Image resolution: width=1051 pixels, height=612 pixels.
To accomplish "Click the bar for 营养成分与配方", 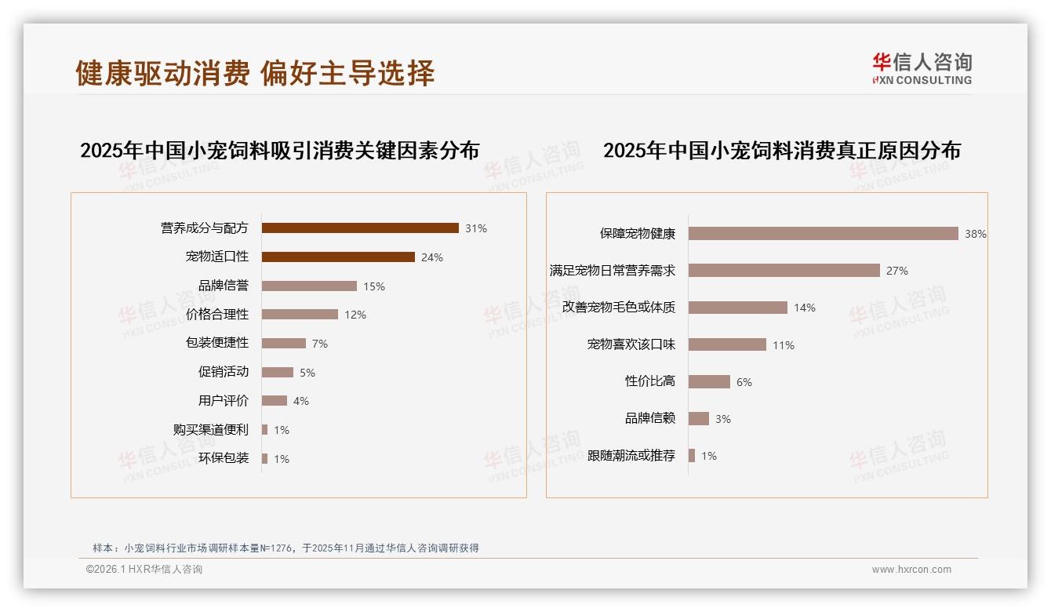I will coord(360,228).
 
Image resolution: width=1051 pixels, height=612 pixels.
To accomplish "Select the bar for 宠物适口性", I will coord(338,257).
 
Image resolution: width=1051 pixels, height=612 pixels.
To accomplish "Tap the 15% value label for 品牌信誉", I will coord(374,286).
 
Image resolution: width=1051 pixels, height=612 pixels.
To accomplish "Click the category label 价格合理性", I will coord(217,315).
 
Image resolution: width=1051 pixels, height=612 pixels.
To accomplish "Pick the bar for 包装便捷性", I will coord(284,344).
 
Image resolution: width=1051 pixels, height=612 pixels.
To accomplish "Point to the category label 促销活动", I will coord(224,372).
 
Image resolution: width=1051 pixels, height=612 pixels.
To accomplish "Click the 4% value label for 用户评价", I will coord(301,401).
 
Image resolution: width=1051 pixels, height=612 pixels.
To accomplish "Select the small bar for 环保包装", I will coord(265,458).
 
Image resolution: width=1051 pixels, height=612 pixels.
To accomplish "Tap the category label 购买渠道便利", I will coord(211,430).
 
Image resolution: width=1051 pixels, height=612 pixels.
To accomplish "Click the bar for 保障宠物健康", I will coord(823,234).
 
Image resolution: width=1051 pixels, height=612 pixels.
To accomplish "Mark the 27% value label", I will coord(897,271).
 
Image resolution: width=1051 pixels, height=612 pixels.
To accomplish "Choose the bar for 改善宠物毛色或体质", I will coord(737,308).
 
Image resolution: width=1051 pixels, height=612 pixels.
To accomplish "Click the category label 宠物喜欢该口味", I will coord(631,344).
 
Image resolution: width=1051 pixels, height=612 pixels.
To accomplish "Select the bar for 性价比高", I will coord(709,382).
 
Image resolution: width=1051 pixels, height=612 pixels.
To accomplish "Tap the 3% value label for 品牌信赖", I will coord(723,419).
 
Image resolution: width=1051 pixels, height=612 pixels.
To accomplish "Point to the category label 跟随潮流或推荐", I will coord(631,456).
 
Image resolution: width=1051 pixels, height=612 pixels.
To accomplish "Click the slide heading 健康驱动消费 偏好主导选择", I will coord(255,73).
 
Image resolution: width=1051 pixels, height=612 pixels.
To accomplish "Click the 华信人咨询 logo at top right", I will coord(922,68).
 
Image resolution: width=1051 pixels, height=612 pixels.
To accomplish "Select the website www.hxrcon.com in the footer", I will coord(911,570).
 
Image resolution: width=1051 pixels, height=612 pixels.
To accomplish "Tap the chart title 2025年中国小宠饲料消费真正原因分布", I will coord(781,151).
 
